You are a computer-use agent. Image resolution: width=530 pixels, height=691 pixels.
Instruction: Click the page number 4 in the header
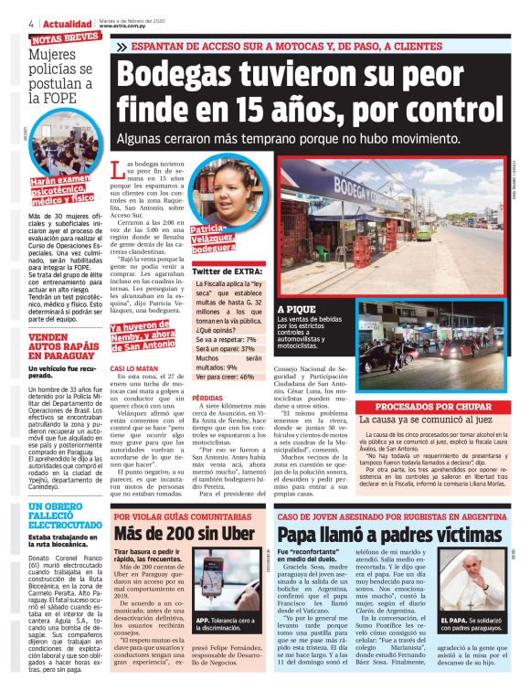[x=31, y=23]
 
